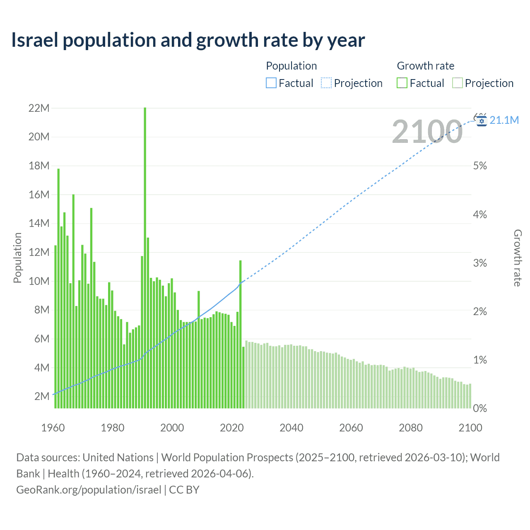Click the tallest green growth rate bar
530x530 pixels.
(145, 257)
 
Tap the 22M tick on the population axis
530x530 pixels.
(39, 108)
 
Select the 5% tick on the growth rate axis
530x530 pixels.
(480, 166)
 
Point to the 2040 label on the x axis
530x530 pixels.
(291, 428)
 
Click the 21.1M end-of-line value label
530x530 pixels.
(504, 120)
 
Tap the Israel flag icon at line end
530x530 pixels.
(482, 121)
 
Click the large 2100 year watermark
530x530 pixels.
(427, 132)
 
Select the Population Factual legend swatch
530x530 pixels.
(271, 83)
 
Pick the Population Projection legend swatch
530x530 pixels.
(326, 83)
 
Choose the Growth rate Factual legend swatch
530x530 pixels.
(402, 83)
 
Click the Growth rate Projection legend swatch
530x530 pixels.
(457, 83)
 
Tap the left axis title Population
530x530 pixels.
(17, 258)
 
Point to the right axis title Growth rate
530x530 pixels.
(518, 258)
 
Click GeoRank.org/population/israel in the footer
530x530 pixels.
(89, 490)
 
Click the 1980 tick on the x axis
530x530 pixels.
(113, 428)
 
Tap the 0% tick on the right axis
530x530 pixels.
(480, 409)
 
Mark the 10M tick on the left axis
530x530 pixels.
(39, 281)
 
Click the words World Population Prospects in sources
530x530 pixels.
(227, 458)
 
